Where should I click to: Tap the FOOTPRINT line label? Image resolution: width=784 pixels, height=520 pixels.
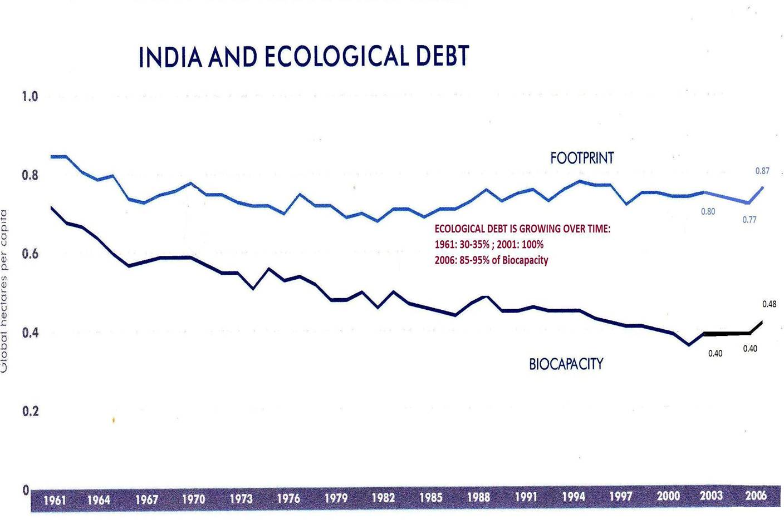[x=582, y=159]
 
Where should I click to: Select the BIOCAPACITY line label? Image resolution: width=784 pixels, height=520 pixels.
[x=566, y=364]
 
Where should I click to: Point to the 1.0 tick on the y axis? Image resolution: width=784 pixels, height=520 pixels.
[x=30, y=97]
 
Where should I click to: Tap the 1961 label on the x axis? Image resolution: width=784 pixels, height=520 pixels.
[x=55, y=500]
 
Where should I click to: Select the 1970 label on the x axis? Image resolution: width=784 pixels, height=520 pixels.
[x=194, y=499]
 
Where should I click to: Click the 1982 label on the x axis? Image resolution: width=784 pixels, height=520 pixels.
[x=383, y=498]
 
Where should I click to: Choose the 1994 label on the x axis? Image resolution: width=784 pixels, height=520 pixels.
[x=574, y=497]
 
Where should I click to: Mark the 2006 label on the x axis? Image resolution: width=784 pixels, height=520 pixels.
[x=756, y=496]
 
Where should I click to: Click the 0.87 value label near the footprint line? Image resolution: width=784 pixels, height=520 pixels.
[x=762, y=171]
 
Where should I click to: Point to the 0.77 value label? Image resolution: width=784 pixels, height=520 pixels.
[x=749, y=220]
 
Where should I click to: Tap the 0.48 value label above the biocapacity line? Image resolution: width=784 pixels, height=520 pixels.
[x=769, y=304]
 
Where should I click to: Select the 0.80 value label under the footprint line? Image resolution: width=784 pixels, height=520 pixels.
[x=708, y=212]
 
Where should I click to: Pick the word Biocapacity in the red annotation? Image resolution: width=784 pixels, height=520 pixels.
[x=525, y=260]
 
